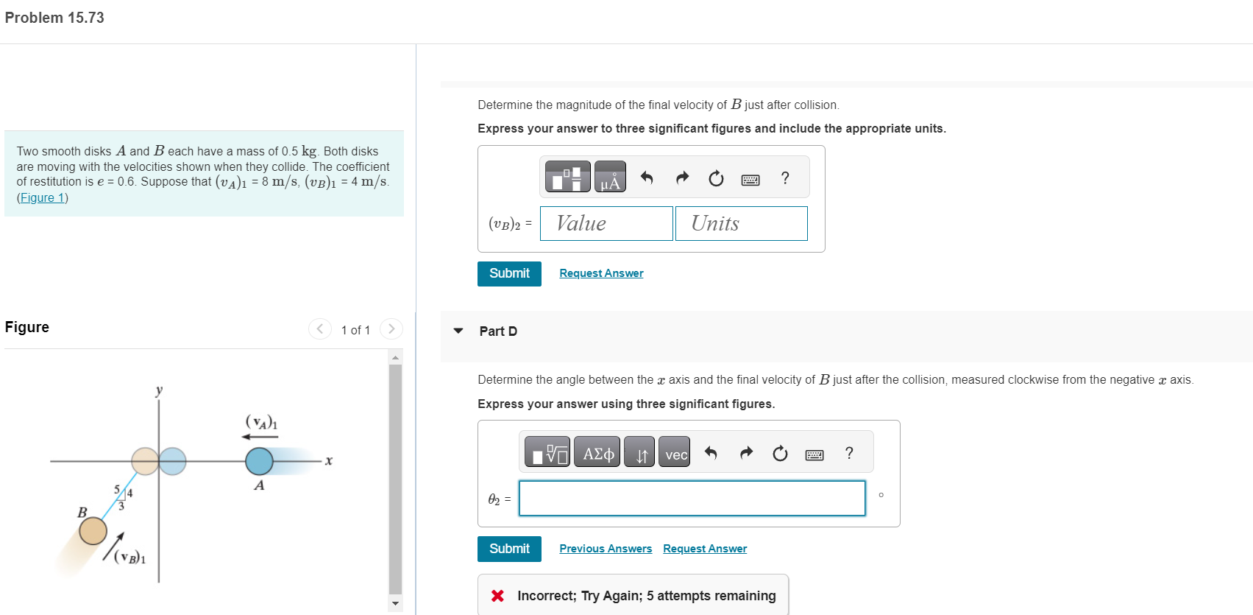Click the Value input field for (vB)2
(606, 223)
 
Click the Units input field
(741, 223)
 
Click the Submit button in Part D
(509, 549)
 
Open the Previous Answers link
(606, 549)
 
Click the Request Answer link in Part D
(705, 549)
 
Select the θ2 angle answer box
(692, 499)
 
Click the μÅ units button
(610, 178)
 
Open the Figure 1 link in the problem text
(43, 197)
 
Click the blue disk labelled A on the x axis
(259, 461)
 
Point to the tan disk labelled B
(93, 531)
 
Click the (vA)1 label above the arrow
(261, 422)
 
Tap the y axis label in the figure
(159, 390)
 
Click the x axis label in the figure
(329, 461)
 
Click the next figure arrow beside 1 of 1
(391, 328)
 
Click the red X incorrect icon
(498, 596)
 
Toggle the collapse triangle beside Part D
(458, 331)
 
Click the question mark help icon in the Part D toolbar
(849, 453)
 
